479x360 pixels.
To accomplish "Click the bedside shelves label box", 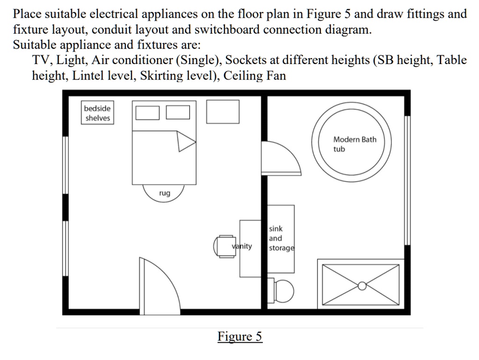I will click(x=98, y=113).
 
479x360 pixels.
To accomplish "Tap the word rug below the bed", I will click(x=164, y=193).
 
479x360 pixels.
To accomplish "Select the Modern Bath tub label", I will click(x=354, y=144).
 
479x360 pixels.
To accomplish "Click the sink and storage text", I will click(x=281, y=238).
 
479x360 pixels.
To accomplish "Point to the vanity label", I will click(x=242, y=246).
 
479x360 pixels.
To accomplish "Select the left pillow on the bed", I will click(x=148, y=113).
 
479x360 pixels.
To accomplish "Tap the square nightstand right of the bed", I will click(x=223, y=112).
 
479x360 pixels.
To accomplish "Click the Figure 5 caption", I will click(x=239, y=337).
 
